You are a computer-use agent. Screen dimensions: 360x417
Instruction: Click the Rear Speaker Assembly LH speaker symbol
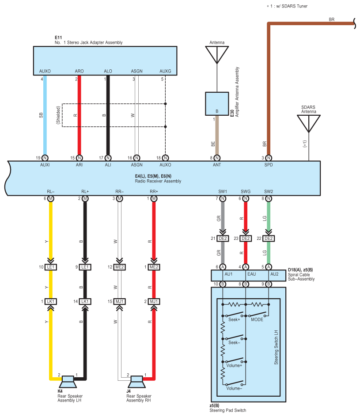[x=68, y=382]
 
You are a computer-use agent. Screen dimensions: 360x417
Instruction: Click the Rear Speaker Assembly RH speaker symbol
[x=136, y=382]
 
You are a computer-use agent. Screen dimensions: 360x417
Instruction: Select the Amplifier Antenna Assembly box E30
[x=217, y=104]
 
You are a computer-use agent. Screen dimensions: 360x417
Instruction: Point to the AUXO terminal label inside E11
[x=45, y=71]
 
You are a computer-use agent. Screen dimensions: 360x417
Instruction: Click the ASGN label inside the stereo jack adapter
[x=136, y=71]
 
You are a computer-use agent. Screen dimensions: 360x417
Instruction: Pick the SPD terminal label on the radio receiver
[x=269, y=165]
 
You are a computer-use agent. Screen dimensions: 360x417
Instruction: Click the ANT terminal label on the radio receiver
[x=217, y=165]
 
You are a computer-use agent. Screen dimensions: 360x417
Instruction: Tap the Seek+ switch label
[x=234, y=319]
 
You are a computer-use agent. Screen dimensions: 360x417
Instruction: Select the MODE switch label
[x=257, y=319]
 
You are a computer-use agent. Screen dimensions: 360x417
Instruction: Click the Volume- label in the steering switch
[x=234, y=388]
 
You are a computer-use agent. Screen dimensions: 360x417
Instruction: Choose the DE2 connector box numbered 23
[x=246, y=238]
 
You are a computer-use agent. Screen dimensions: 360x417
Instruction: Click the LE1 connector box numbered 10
[x=50, y=267]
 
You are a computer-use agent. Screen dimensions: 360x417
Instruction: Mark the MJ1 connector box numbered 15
[x=119, y=301]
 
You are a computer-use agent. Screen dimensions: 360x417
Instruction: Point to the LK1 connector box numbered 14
[x=85, y=301]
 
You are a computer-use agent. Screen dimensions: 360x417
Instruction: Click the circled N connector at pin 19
[x=45, y=158]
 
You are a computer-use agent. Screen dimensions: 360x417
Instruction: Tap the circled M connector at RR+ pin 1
[x=154, y=198]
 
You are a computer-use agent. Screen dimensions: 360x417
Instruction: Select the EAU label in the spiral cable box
[x=251, y=274]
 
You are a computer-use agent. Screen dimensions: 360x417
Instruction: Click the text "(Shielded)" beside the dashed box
[x=58, y=115]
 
